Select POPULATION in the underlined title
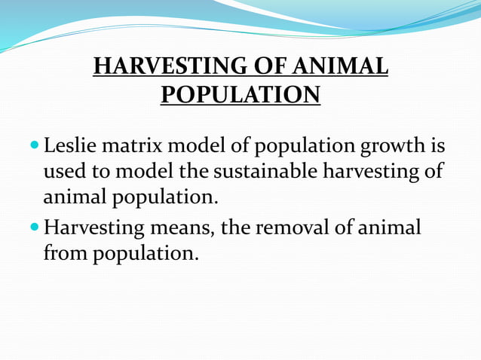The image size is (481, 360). (x=240, y=96)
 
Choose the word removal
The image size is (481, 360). (x=285, y=226)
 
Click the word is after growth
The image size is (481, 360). (x=437, y=143)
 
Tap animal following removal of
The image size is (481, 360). (x=385, y=226)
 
